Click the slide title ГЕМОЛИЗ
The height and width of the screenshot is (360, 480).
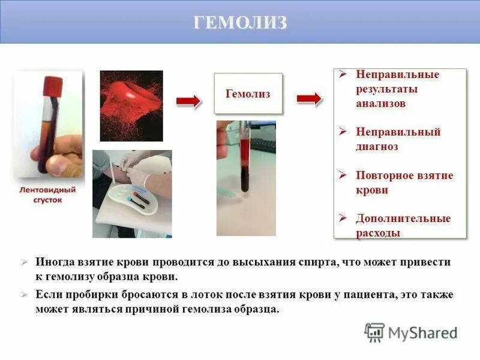pyautogui.click(x=240, y=22)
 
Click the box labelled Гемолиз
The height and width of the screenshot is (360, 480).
pyautogui.click(x=248, y=94)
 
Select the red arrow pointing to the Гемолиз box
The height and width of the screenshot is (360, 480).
pyautogui.click(x=188, y=102)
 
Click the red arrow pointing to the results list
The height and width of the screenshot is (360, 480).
pyautogui.click(x=309, y=99)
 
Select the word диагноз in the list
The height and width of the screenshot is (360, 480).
pyautogui.click(x=377, y=146)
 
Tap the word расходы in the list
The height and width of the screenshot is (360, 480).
pyautogui.click(x=378, y=233)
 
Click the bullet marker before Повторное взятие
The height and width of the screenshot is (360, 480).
pyautogui.click(x=343, y=175)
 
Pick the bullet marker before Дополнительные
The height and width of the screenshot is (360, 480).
pyautogui.click(x=343, y=218)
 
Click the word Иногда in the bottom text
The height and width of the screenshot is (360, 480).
pyautogui.click(x=54, y=263)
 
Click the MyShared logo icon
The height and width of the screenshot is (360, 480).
pyautogui.click(x=374, y=332)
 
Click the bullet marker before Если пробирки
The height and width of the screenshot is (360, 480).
pyautogui.click(x=24, y=295)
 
